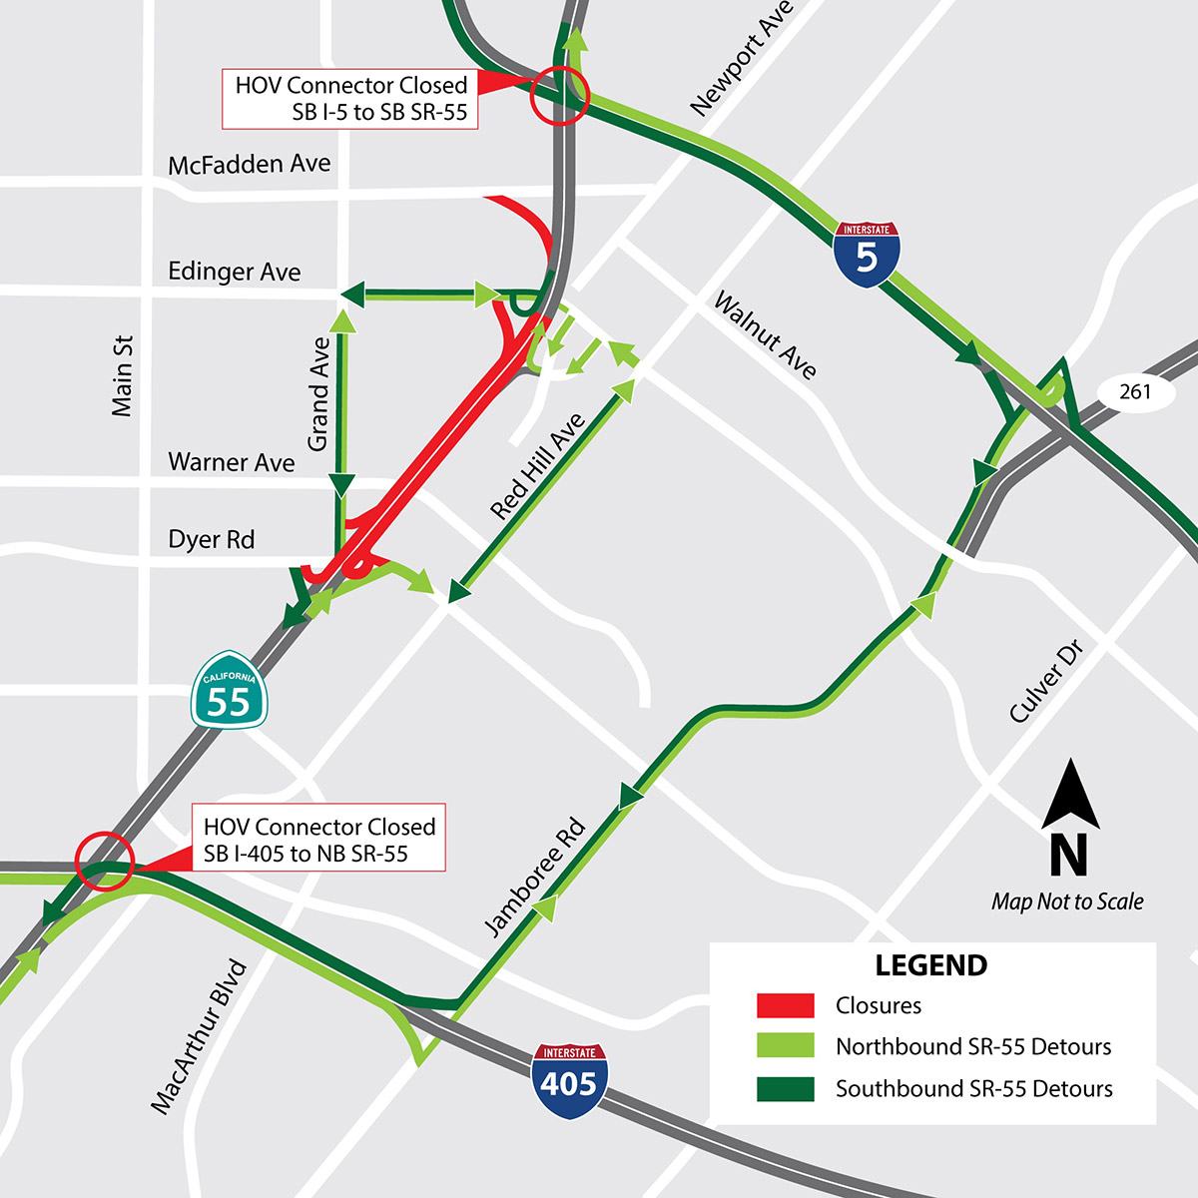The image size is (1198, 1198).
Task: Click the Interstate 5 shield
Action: click(x=867, y=255)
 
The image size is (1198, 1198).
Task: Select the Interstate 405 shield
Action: click(x=570, y=1081)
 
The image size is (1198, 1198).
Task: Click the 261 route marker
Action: click(x=1135, y=391)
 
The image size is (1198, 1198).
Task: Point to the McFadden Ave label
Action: click(x=249, y=164)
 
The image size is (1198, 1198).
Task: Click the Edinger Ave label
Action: click(x=234, y=272)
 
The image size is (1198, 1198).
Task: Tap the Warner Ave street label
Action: click(x=231, y=462)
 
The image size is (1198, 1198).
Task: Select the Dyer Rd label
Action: click(x=211, y=540)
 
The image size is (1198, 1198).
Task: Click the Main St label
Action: click(x=122, y=375)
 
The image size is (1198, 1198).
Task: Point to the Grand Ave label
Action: click(x=318, y=393)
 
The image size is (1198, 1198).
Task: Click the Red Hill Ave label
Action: click(x=537, y=467)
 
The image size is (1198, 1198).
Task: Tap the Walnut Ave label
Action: click(x=765, y=336)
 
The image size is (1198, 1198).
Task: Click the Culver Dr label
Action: click(x=1045, y=682)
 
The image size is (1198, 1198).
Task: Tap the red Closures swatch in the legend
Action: click(x=786, y=1005)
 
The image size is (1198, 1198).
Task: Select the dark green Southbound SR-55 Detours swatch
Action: click(x=786, y=1088)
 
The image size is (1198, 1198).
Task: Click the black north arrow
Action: click(x=1070, y=796)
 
